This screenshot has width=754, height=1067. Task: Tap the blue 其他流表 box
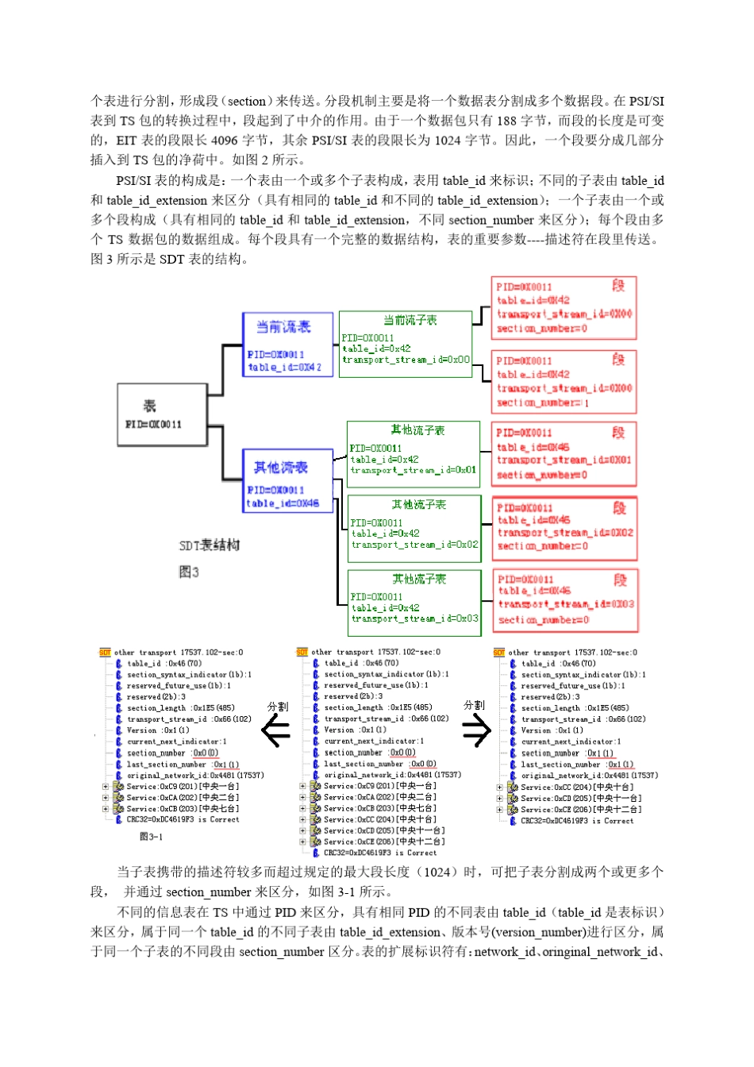click(287, 480)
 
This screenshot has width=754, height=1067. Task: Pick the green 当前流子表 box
click(406, 343)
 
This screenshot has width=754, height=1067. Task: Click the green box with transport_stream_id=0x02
click(414, 528)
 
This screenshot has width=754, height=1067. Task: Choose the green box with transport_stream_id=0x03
click(415, 603)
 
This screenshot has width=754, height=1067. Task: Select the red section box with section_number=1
click(564, 382)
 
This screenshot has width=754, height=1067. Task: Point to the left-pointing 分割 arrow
click(276, 730)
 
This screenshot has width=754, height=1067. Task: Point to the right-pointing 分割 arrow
click(476, 730)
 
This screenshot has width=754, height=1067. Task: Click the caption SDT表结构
click(210, 545)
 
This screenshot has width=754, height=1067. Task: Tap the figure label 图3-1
click(151, 837)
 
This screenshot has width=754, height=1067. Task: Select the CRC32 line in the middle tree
click(379, 853)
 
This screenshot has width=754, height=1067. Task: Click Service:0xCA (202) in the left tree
click(183, 798)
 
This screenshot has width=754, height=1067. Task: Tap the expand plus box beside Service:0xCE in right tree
click(499, 810)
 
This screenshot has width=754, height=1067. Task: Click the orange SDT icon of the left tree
click(105, 653)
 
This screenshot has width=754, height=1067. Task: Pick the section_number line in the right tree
click(567, 753)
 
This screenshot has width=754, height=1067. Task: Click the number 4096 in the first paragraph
click(224, 141)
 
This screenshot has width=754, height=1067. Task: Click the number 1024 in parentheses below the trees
click(437, 872)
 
